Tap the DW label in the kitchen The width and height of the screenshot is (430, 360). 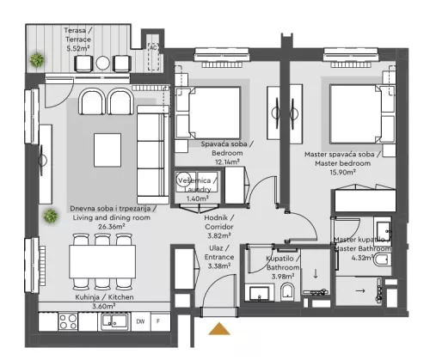139,321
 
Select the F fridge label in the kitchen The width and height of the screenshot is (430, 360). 158,321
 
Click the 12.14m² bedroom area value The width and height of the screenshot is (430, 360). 227,162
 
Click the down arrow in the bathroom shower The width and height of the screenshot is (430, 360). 315,275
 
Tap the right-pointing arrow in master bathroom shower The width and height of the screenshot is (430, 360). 359,291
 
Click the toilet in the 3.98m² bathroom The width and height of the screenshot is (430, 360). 287,296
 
